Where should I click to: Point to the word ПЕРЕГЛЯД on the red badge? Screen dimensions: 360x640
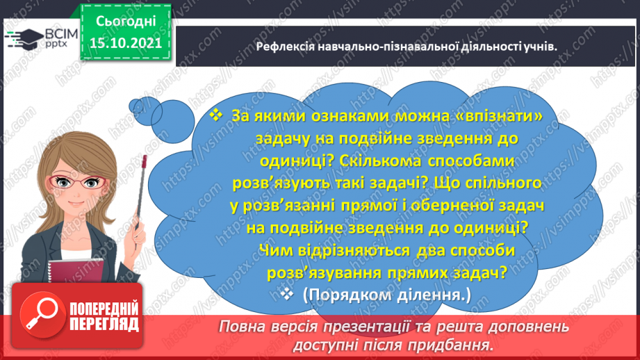tap(104, 324)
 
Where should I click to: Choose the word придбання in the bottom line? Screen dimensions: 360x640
tap(454, 344)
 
